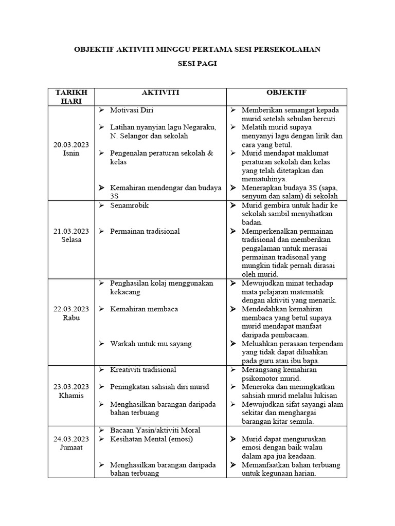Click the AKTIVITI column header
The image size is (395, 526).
[160, 92]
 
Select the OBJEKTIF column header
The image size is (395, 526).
[286, 92]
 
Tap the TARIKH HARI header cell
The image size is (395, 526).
[71, 97]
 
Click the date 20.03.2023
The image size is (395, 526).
[71, 145]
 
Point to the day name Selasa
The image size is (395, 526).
[71, 240]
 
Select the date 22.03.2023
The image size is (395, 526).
[71, 309]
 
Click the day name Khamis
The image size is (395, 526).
[71, 396]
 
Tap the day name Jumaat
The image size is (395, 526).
[71, 447]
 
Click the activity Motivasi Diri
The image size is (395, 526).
[132, 110]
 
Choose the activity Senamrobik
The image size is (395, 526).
[130, 205]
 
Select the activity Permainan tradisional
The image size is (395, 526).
[145, 231]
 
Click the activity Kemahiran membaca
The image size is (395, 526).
[144, 309]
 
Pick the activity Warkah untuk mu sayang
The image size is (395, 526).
[151, 343]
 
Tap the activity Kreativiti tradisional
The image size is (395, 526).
[143, 369]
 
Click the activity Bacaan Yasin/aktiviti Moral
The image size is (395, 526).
[155, 430]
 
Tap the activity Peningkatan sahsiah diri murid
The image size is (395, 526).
[159, 386]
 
